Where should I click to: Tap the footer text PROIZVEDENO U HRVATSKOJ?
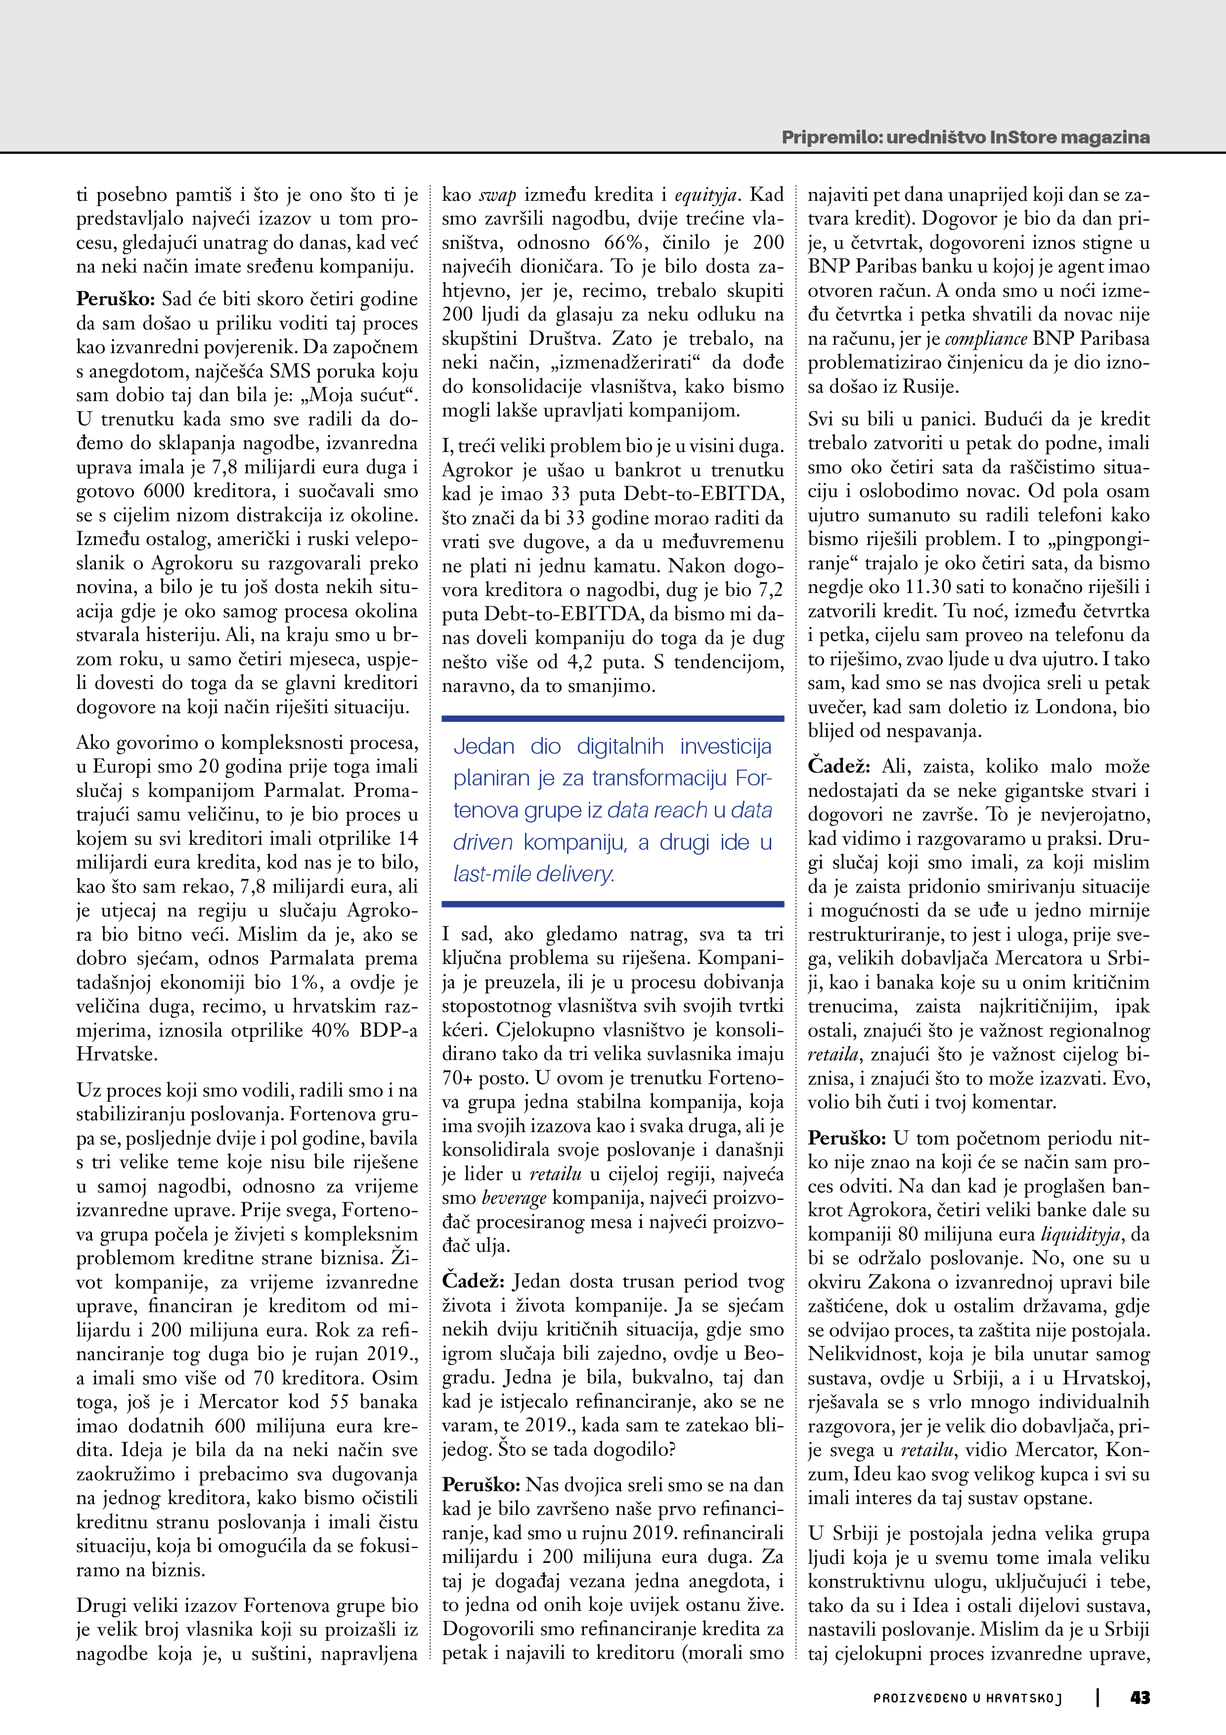(967, 1698)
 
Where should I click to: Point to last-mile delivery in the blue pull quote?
(534, 874)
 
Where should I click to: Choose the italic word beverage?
(514, 1198)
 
